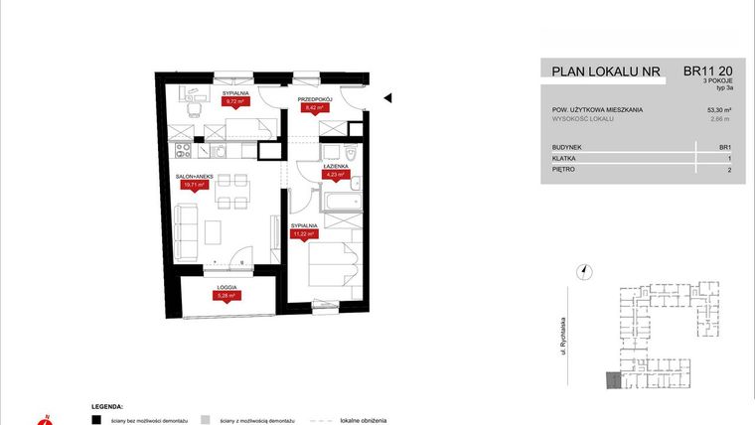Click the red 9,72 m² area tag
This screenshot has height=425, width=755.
[234, 101]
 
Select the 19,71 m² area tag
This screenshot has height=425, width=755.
[194, 185]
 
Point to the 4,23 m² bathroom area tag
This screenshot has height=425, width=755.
[335, 176]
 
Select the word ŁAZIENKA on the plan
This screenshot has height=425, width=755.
[335, 168]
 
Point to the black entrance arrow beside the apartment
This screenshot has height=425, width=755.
[388, 97]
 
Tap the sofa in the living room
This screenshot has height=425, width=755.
[185, 233]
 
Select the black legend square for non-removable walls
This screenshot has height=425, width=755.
[95, 420]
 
